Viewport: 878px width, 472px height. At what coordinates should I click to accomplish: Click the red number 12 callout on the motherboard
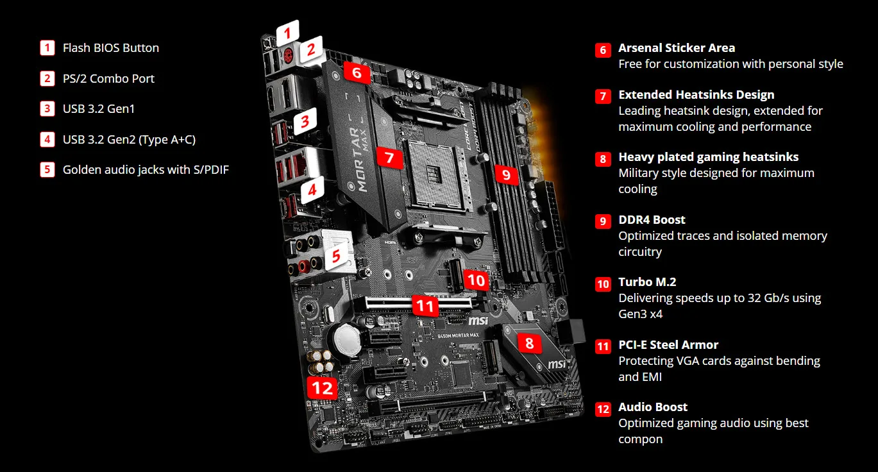click(322, 387)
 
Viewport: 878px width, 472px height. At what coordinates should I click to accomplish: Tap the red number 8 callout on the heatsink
click(529, 343)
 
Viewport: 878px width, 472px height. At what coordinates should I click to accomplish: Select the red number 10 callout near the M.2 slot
click(476, 280)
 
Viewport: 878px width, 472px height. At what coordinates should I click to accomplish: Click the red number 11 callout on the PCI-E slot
click(425, 306)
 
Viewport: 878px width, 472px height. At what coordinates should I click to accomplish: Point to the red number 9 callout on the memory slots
click(506, 174)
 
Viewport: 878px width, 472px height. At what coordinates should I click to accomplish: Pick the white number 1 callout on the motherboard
click(288, 32)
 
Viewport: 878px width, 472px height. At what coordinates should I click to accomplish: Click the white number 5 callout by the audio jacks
click(334, 257)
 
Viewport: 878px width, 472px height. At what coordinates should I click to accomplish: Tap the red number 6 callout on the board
click(357, 73)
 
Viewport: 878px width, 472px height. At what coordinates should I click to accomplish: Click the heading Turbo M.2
click(647, 282)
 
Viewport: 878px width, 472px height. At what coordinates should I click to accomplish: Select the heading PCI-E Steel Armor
click(668, 344)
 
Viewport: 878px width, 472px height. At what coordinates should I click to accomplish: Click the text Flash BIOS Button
click(111, 48)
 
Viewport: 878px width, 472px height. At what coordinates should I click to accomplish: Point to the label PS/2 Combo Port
click(108, 79)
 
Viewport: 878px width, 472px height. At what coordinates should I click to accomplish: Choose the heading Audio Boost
click(652, 407)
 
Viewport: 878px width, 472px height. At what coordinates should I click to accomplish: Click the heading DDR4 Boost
click(652, 220)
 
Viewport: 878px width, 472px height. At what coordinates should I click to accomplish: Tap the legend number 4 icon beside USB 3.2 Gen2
click(47, 139)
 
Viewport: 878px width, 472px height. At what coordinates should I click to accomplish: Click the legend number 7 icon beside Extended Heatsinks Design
click(603, 96)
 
